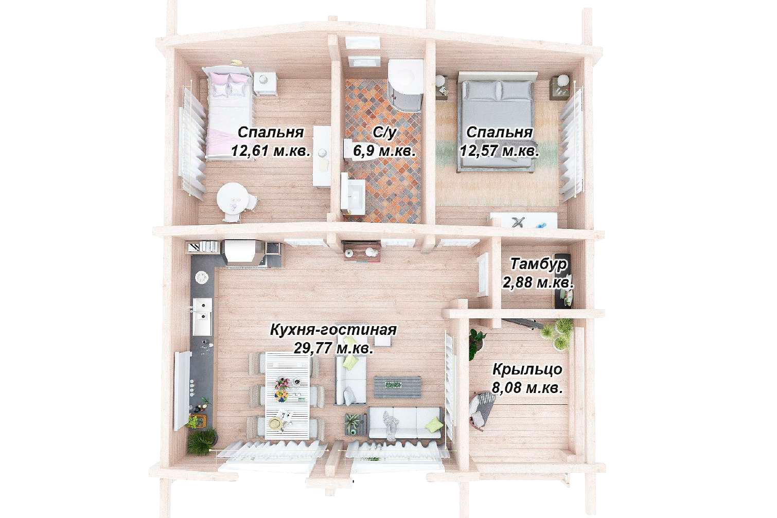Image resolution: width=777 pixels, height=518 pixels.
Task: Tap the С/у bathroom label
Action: tap(384, 133)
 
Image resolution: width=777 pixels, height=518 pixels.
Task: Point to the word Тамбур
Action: tap(538, 264)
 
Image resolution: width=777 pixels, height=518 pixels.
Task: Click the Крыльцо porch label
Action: tap(527, 370)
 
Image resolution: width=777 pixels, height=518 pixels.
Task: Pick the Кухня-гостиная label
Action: tap(333, 330)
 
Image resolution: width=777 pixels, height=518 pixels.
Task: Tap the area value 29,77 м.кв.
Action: tap(333, 348)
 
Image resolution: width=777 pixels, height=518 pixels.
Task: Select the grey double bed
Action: tap(498, 121)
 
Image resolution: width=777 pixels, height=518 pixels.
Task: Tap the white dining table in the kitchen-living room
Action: tap(287, 395)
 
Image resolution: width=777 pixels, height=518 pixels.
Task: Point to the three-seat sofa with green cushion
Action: tap(405, 423)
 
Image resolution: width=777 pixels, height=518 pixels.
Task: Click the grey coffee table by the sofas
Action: tap(398, 387)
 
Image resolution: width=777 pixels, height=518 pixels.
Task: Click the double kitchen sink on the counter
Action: tap(202, 317)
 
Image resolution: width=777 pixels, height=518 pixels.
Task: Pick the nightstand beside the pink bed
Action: tap(265, 83)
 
